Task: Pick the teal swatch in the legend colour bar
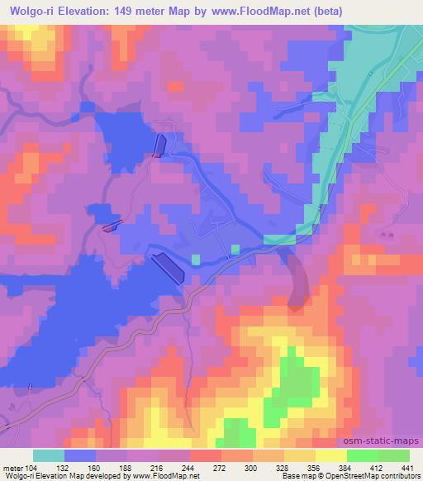[48, 455]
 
